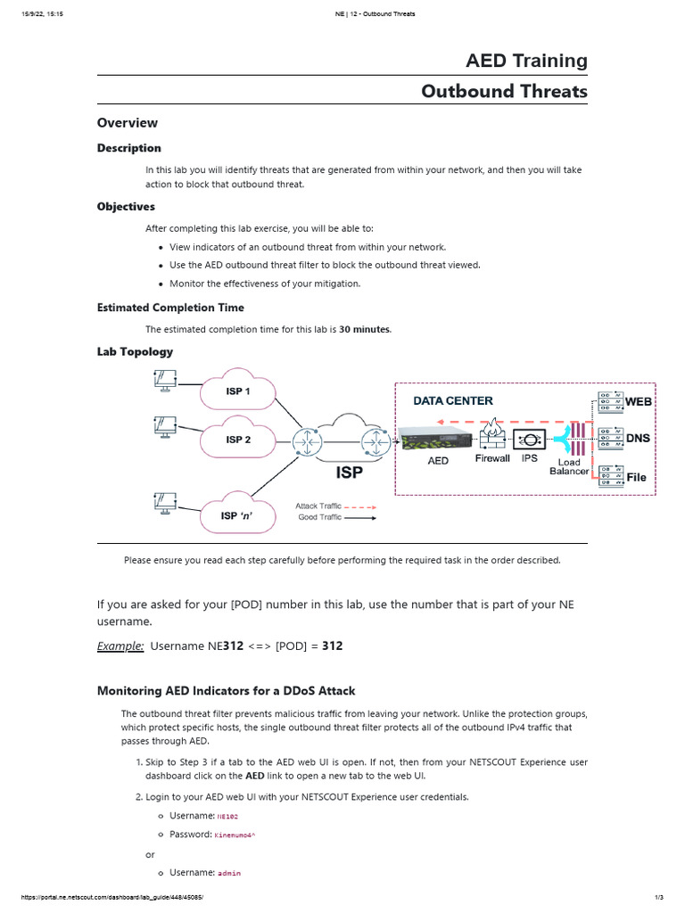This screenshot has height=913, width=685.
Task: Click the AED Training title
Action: (x=526, y=61)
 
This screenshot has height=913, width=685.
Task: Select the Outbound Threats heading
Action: (x=504, y=91)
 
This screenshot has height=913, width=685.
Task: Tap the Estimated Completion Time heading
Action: (x=170, y=308)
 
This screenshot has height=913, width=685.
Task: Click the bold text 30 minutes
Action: (x=364, y=329)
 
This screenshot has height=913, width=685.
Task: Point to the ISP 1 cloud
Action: (x=237, y=391)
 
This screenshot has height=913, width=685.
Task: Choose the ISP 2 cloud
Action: (x=238, y=440)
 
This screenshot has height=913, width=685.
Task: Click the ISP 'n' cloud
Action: (x=236, y=515)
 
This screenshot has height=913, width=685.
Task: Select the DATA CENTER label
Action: (x=452, y=401)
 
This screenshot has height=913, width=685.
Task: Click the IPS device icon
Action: (x=530, y=439)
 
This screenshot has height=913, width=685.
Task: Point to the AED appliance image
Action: (x=436, y=438)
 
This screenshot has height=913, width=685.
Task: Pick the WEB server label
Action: (x=639, y=402)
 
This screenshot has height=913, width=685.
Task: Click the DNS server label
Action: (x=638, y=439)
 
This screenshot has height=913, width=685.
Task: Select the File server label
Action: (x=636, y=477)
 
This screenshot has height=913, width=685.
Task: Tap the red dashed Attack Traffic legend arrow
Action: (x=359, y=506)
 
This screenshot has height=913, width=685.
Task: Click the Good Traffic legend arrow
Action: (x=359, y=517)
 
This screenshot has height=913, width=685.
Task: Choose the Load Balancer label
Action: (x=569, y=466)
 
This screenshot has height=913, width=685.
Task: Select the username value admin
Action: (x=229, y=873)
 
